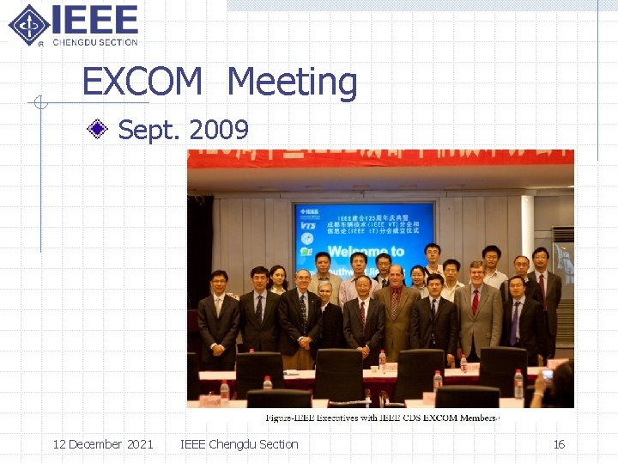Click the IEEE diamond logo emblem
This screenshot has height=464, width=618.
28,24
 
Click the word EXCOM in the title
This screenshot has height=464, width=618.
142,82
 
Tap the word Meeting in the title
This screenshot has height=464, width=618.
292,82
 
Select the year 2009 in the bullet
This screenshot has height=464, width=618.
219,130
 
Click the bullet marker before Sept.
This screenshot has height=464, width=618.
100,130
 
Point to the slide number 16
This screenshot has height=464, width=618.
559,444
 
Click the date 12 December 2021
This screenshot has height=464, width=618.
103,444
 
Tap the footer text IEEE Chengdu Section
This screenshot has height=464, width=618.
239,444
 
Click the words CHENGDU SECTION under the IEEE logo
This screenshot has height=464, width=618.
94,42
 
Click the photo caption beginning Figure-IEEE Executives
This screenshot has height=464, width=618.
383,418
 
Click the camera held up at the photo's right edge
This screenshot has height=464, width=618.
547,374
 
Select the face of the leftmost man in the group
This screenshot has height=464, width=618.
219,281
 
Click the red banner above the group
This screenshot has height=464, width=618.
380,158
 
